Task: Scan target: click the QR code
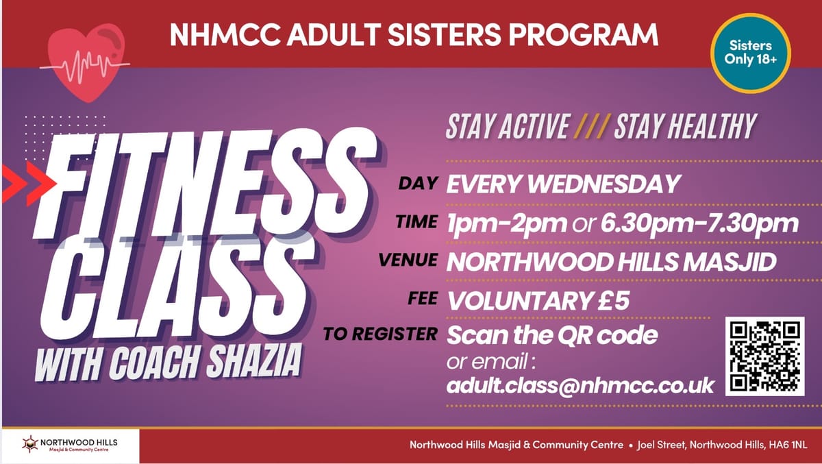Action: click(764, 356)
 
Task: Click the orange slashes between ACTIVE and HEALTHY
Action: click(591, 127)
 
